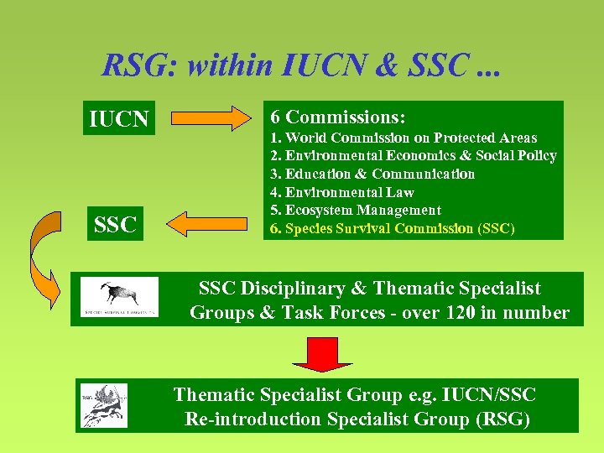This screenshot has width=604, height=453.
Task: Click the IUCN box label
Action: click(118, 121)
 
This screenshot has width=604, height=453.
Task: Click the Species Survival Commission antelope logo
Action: click(119, 297)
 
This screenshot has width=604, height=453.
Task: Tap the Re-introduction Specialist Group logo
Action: click(104, 405)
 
